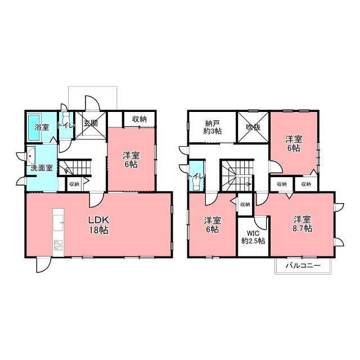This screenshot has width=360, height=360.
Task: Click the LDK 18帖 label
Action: point(99,225)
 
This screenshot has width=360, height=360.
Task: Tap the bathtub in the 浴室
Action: point(34,127)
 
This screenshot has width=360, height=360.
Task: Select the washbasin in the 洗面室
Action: point(31,155)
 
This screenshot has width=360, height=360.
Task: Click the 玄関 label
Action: point(91,123)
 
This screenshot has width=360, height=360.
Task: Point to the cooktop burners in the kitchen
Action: point(58,245)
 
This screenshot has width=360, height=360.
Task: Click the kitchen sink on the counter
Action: point(58,223)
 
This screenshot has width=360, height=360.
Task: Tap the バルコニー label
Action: point(303,266)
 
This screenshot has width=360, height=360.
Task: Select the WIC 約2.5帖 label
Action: point(253,237)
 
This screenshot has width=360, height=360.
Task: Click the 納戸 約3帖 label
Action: point(213,128)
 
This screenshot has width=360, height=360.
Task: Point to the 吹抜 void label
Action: point(253,127)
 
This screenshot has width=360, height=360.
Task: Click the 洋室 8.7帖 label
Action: point(303,224)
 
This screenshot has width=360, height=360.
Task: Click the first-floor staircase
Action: point(74,167)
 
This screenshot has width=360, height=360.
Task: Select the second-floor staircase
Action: point(237,175)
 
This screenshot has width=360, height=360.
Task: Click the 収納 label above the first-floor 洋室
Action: point(139,119)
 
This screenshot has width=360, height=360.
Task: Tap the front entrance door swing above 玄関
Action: point(93,103)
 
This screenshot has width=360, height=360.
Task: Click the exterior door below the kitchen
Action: point(44,265)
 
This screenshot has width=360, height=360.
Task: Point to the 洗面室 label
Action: point(42,168)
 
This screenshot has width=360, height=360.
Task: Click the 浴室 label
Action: point(42,127)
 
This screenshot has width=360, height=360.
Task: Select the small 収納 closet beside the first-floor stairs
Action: point(74,184)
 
